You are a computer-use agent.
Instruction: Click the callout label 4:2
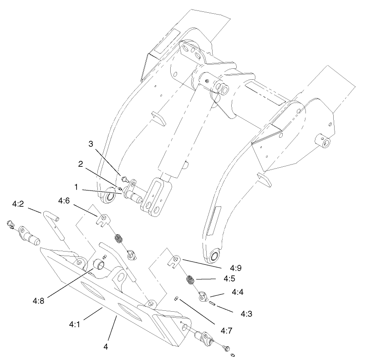point(18,205)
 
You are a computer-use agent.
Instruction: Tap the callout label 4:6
point(64,200)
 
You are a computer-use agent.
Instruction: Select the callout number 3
point(91,144)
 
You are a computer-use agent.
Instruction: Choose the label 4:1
point(75,324)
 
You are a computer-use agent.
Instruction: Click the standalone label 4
point(105,346)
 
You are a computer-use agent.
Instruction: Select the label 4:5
point(229,278)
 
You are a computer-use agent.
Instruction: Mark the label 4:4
point(237,292)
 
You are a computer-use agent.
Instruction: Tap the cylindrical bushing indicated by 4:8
point(98,264)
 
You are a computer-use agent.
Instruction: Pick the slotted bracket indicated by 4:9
point(174,261)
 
